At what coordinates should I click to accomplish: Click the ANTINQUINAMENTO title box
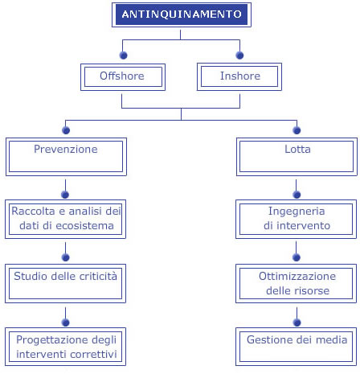[182, 14]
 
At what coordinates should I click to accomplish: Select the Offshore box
[123, 77]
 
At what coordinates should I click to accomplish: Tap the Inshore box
[239, 77]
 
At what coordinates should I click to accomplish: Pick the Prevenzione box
[66, 157]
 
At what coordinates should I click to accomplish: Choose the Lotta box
[297, 157]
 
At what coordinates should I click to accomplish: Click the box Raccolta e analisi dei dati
[65, 219]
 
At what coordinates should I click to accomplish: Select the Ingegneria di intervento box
[296, 219]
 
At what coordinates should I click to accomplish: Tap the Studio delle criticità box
[65, 283]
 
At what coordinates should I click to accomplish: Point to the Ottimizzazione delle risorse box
[296, 283]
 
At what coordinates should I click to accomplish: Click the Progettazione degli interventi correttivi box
[65, 347]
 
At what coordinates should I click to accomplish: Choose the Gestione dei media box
[296, 347]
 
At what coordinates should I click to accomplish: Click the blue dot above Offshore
[124, 55]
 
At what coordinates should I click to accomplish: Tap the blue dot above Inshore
[239, 55]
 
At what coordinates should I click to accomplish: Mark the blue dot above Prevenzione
[66, 130]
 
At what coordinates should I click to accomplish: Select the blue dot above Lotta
[297, 130]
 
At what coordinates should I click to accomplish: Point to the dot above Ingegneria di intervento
[297, 195]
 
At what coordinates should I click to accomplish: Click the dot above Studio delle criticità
[66, 257]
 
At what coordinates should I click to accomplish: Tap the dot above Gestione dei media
[297, 323]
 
